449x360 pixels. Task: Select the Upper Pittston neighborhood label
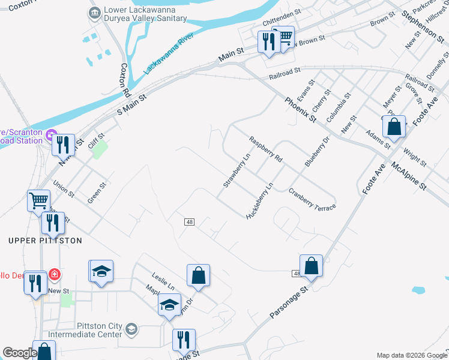tap(45, 241)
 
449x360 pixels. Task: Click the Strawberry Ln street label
tap(236, 170)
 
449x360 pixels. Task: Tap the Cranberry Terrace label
tap(312, 199)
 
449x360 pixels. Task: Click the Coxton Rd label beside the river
tap(125, 80)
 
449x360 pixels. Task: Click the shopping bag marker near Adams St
tap(394, 127)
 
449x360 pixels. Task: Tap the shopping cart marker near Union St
tap(39, 200)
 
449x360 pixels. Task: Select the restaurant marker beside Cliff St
tap(63, 145)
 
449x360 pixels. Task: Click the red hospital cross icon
tap(55, 275)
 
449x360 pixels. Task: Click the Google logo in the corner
tap(20, 353)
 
